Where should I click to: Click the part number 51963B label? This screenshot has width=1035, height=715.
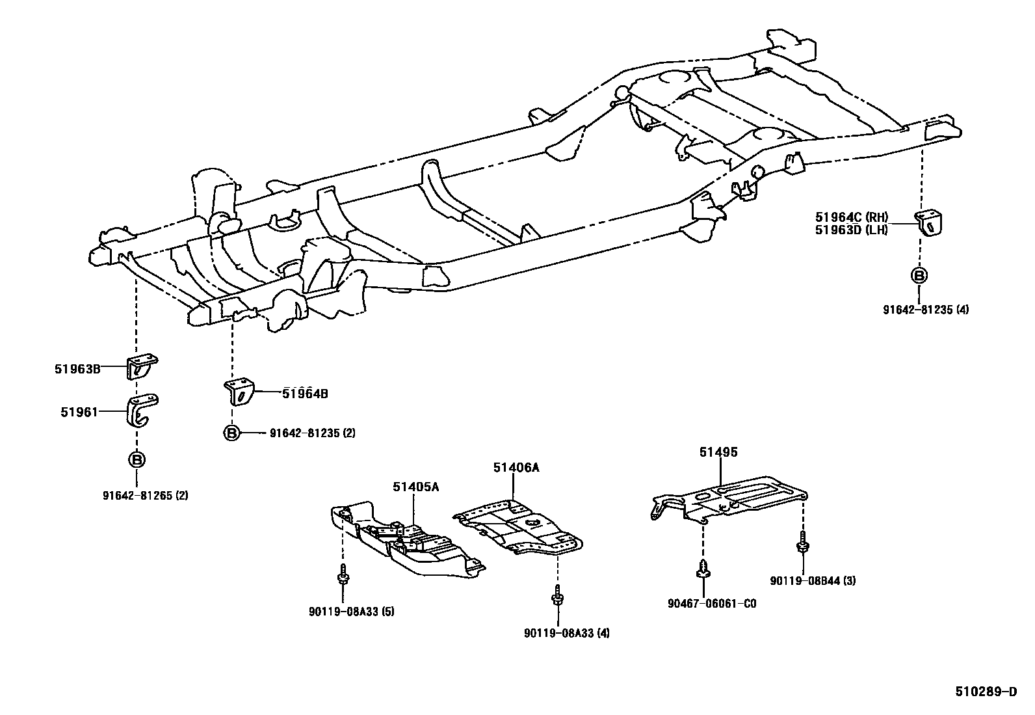click(x=77, y=369)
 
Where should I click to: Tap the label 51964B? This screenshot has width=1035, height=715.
click(x=305, y=393)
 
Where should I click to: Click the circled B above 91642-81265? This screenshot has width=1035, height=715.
click(x=137, y=460)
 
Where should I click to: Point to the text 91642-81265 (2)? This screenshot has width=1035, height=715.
click(x=145, y=495)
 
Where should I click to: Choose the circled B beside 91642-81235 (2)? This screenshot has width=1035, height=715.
click(x=232, y=433)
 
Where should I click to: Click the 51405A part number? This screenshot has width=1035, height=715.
click(x=415, y=487)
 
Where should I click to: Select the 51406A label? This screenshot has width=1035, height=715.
click(x=516, y=467)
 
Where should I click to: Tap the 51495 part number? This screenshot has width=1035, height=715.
click(x=718, y=452)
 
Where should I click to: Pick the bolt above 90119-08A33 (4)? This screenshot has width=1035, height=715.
click(x=557, y=595)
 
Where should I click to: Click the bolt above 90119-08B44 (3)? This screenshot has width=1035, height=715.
click(x=804, y=542)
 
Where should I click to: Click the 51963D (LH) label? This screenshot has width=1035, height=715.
click(x=852, y=229)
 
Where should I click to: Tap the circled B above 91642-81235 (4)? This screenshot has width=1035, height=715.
click(x=919, y=275)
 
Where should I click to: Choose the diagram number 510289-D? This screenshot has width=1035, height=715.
click(x=985, y=692)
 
